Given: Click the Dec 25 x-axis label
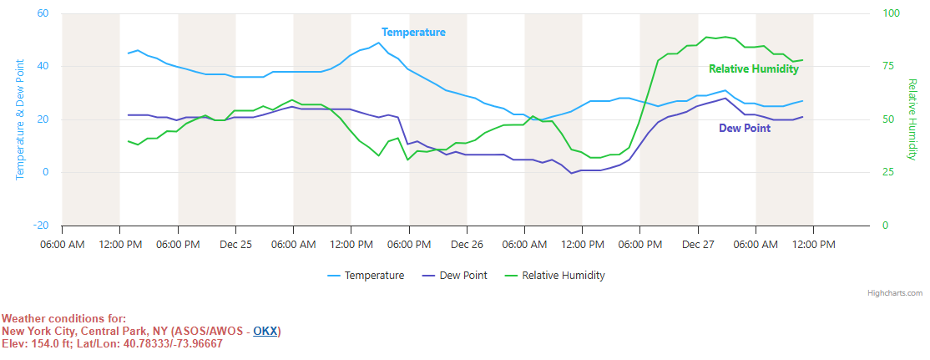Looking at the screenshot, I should pos(235,245).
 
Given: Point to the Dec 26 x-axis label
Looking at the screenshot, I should pos(467,245).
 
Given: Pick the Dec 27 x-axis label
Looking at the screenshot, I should pos(698,245).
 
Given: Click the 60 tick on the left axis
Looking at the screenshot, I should pos(43,14).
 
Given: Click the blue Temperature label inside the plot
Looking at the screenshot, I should pos(413,33).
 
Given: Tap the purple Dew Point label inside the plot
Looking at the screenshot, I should pos(745,129).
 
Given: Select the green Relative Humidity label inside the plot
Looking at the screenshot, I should pos(753,69).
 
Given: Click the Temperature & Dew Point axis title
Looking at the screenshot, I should pos(20,119).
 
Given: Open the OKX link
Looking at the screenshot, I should pos(265,332).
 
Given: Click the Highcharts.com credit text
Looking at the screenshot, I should pos(895,293).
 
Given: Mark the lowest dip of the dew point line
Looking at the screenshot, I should pos(571,173).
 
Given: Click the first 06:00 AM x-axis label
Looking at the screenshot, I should pos(62,245).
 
